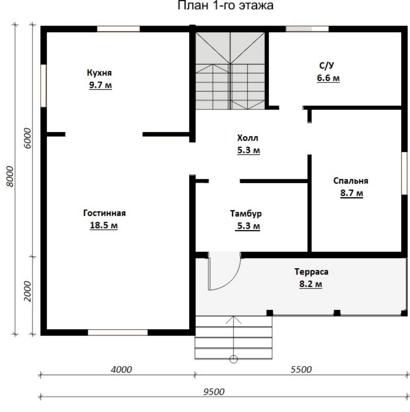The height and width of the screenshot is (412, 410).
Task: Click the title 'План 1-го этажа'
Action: pos(226,5)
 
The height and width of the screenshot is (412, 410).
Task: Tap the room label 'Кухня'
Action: pos(99,73)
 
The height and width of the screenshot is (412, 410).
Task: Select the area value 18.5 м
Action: pos(104,225)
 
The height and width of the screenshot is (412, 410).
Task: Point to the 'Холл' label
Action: pos(248,138)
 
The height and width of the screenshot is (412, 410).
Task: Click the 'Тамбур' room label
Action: pos(246,213)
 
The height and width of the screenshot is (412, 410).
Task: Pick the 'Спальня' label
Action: pos(351,181)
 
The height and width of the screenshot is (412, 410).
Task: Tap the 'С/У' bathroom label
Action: pos(326,65)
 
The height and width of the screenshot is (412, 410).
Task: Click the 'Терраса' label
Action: pos(311,271)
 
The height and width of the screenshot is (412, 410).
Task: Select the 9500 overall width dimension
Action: pos(214,392)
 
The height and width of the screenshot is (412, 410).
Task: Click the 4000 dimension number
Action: pos(121,370)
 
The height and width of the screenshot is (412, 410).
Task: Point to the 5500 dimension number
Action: pos(301,370)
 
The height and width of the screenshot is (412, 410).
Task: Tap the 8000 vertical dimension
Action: pos(10,176)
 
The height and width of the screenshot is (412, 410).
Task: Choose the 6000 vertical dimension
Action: pos(27,138)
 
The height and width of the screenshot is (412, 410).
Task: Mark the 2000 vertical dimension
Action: pos(27,291)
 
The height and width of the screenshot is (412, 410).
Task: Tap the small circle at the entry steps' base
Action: pos(233,359)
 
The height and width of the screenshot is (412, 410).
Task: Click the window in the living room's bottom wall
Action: pos(118,332)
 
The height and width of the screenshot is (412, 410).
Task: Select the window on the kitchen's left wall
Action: pos(44,86)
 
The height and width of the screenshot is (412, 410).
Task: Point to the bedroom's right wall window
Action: pos(404,173)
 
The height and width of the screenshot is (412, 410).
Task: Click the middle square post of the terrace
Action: pos(337,313)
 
